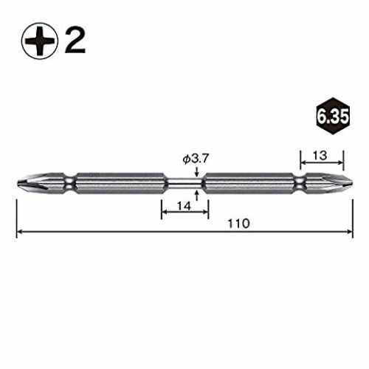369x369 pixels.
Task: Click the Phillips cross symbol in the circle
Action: [x=40, y=41]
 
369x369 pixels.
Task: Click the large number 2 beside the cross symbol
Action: [x=75, y=41]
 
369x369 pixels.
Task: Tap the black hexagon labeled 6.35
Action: [x=333, y=116]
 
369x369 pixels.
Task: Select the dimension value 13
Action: [x=320, y=156]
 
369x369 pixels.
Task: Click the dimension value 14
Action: [x=184, y=206]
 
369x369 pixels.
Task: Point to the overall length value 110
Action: [x=238, y=224]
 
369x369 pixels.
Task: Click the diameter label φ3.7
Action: [x=196, y=159]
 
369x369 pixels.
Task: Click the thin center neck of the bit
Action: [x=184, y=183]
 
